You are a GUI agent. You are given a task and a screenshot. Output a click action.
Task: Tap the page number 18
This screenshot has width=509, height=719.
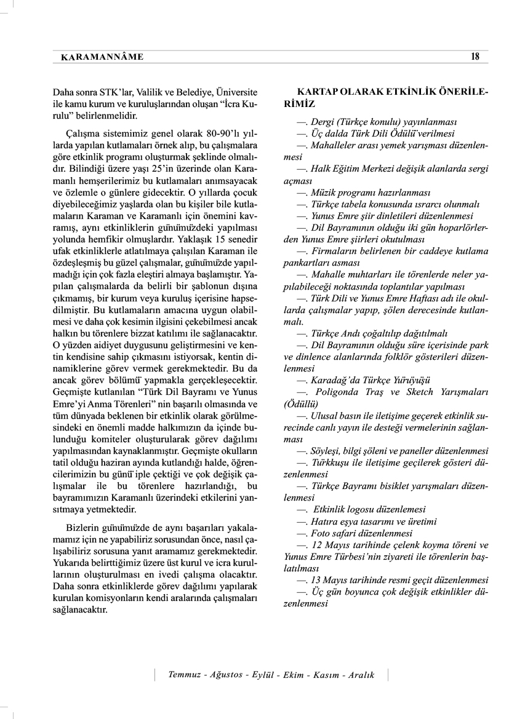475,57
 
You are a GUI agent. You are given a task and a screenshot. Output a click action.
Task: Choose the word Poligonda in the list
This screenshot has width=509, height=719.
337,392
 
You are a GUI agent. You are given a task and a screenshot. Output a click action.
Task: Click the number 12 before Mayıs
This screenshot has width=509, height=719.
318,545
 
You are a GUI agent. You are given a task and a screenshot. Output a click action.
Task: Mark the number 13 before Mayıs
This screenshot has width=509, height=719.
318,579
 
